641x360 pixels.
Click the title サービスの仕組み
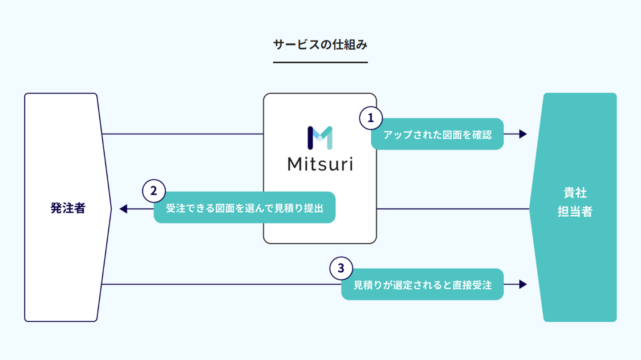(320, 44)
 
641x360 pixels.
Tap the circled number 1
(370, 118)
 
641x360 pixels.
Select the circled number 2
(154, 191)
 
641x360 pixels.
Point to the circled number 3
(341, 268)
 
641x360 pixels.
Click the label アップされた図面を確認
(438, 134)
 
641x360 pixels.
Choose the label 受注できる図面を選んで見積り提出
(244, 208)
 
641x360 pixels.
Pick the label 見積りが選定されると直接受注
(422, 284)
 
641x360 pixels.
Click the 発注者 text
(68, 208)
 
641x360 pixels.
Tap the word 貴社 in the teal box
(575, 193)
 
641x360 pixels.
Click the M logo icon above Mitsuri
(320, 138)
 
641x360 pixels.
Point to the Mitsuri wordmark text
(320, 164)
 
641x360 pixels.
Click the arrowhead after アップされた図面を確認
(523, 134)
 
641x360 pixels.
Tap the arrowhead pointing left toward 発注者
(123, 208)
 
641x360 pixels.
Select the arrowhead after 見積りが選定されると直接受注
(523, 284)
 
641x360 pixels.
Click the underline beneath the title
(320, 62)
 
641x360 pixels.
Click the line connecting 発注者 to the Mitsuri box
(183, 134)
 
